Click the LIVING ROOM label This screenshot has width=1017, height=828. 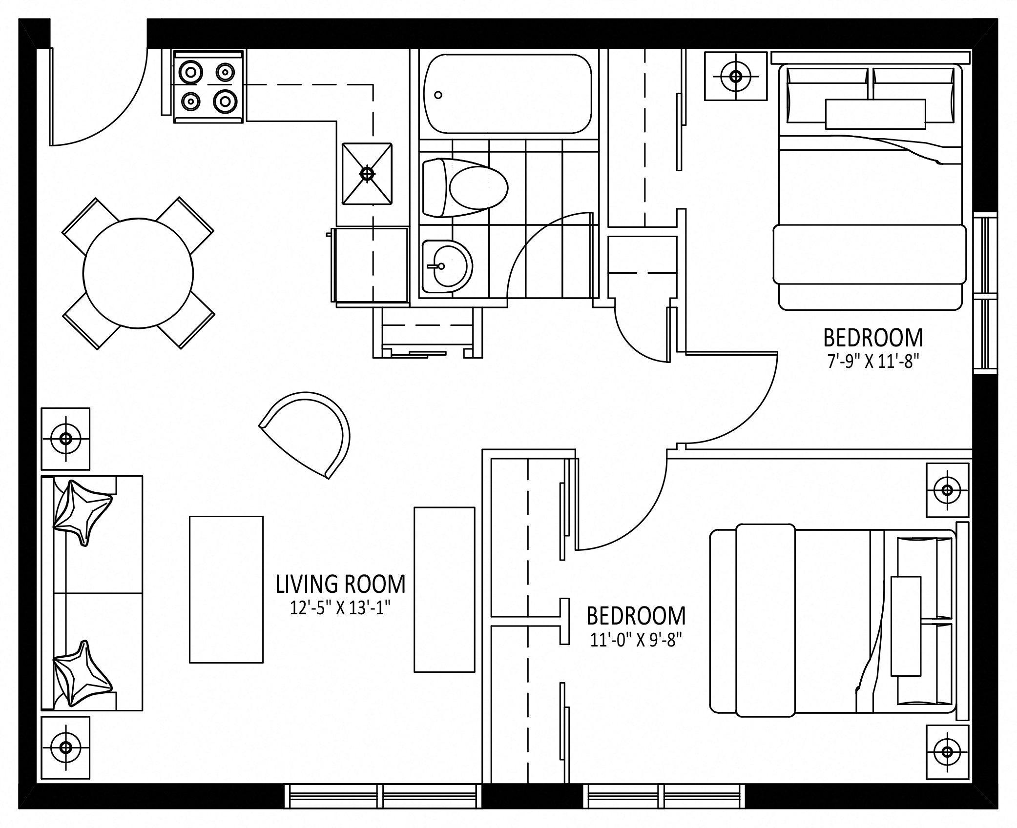click(340, 584)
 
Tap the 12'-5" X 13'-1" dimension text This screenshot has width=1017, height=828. click(340, 608)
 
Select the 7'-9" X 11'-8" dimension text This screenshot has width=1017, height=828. click(873, 362)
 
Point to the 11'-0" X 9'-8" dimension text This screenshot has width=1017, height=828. click(636, 640)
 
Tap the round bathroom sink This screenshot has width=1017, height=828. click(447, 266)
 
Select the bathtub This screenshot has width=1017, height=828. click(508, 93)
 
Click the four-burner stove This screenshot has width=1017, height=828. click(208, 86)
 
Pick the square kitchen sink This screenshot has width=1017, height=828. click(367, 174)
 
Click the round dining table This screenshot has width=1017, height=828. click(138, 273)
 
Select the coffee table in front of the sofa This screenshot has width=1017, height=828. click(226, 589)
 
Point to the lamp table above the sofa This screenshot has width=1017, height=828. click(65, 439)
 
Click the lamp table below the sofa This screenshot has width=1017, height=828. click(65, 747)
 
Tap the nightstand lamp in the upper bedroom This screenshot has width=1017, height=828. click(735, 76)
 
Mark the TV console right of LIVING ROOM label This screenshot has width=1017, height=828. click(444, 589)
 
